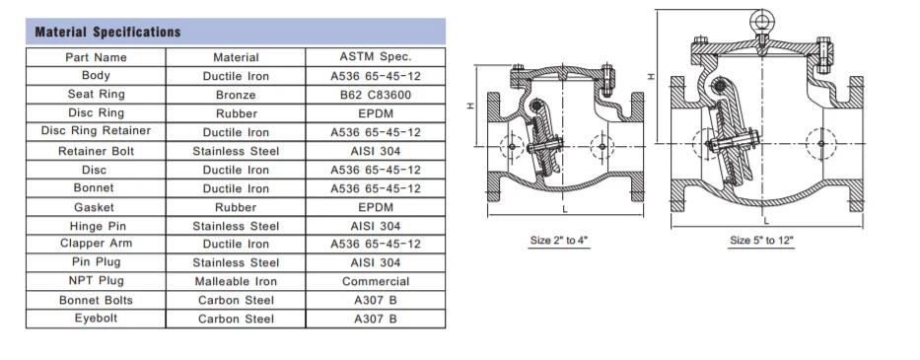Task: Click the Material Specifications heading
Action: [108, 32]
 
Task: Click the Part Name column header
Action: [96, 57]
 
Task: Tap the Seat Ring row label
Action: [96, 95]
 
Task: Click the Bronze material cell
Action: [236, 95]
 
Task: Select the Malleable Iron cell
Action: [236, 281]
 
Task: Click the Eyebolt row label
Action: [96, 319]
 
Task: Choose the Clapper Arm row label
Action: [96, 244]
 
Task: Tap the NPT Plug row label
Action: [96, 281]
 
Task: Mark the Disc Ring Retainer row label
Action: [96, 132]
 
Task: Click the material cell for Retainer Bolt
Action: [236, 151]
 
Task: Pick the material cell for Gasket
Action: [236, 207]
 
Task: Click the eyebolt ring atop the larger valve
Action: [760, 19]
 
